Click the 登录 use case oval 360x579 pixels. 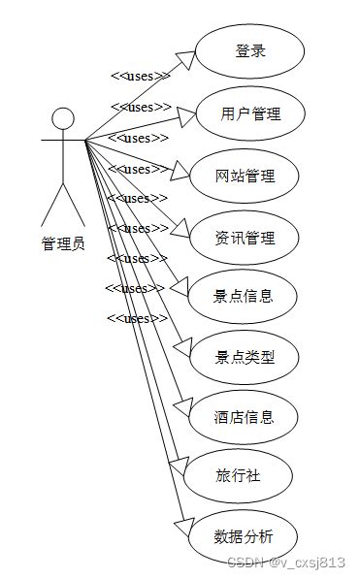(250, 51)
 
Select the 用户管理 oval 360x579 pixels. (250, 113)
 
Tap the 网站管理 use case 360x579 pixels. (245, 176)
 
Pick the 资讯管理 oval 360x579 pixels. (245, 237)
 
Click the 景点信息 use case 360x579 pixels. (244, 296)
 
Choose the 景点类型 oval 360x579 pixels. (244, 357)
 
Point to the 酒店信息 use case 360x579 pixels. (244, 417)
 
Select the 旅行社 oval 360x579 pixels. (238, 476)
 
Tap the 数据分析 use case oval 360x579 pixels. (243, 536)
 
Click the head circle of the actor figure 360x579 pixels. (63, 119)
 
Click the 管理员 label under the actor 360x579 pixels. (63, 243)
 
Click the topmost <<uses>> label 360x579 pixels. (140, 76)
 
